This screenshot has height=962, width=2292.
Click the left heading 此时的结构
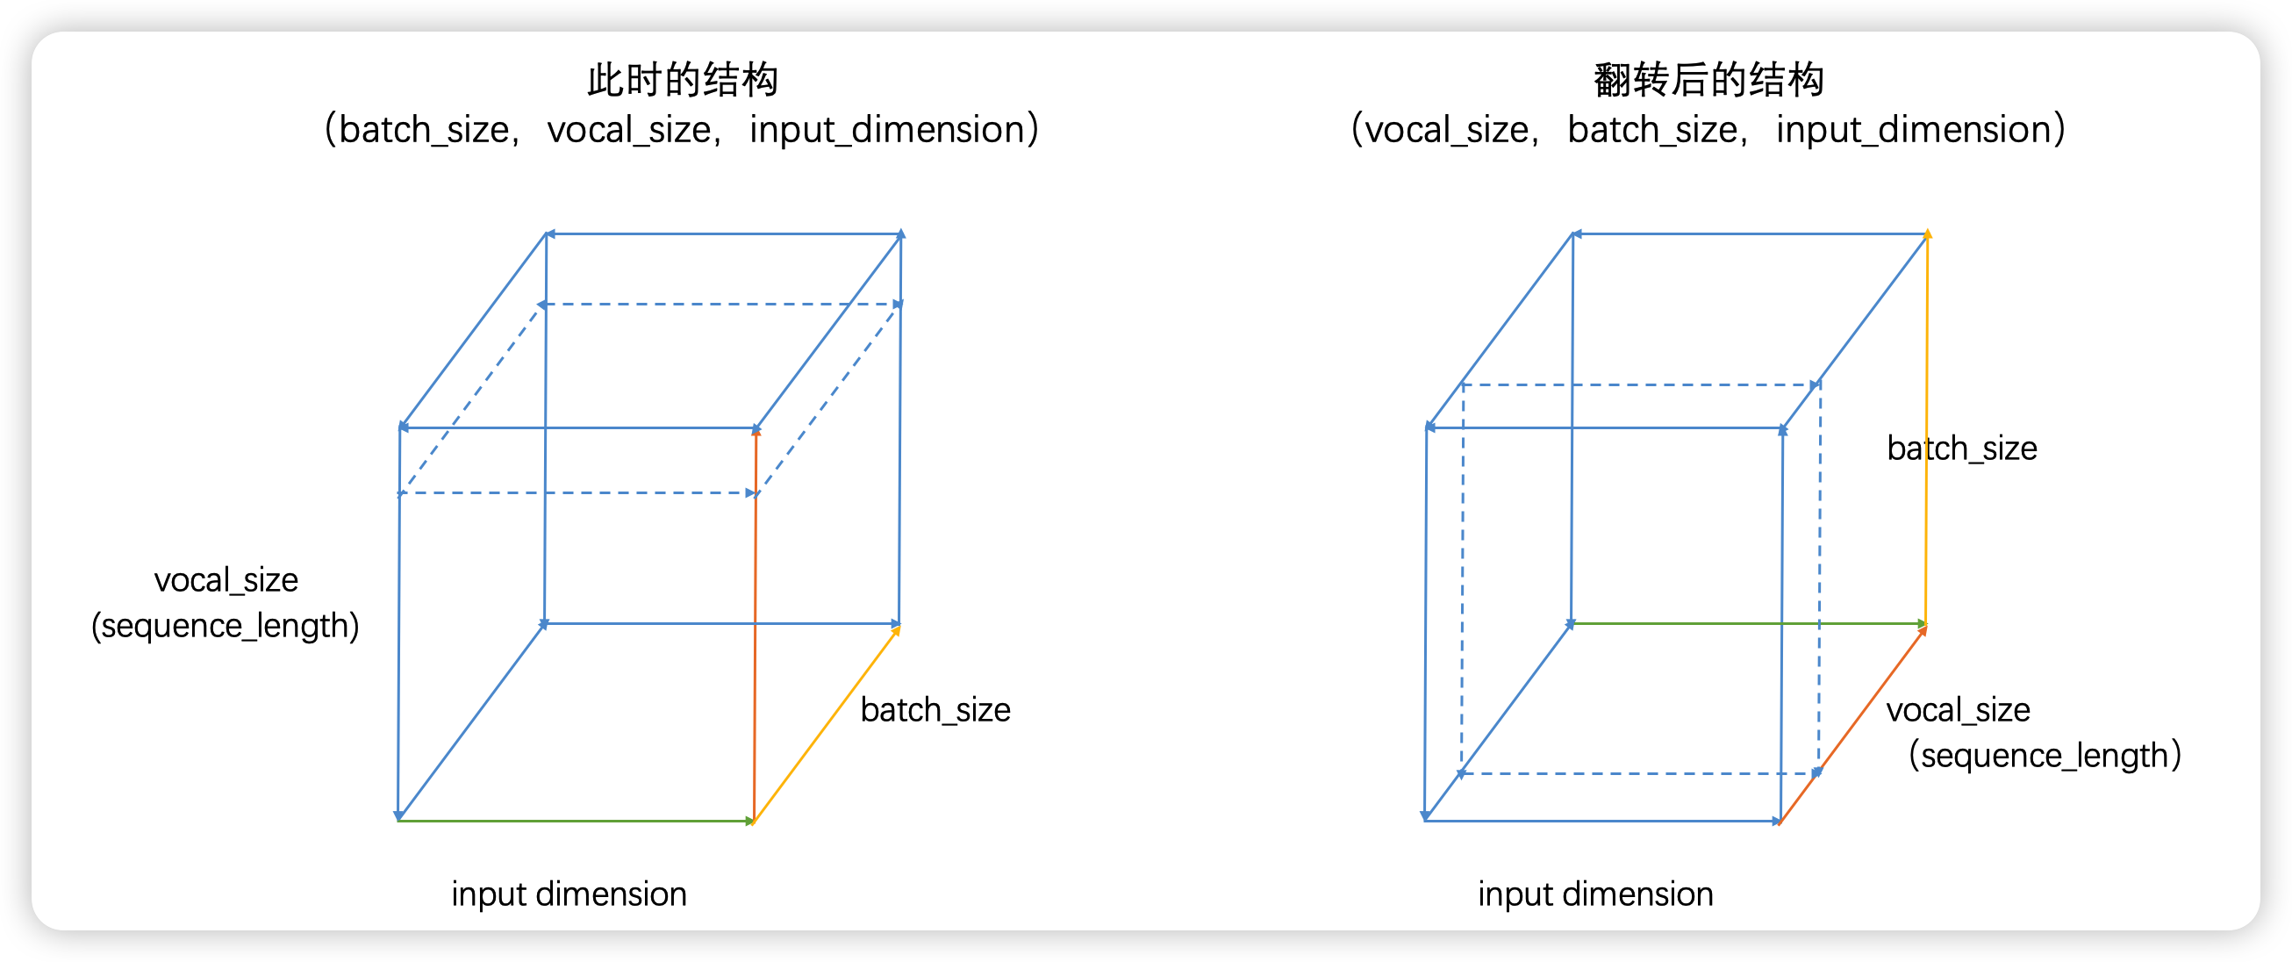coord(683,80)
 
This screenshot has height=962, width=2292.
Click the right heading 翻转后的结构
coord(1708,80)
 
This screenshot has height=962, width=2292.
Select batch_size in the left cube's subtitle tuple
coord(424,130)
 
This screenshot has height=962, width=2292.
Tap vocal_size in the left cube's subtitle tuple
coord(629,130)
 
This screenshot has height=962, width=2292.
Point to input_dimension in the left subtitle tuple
coord(887,130)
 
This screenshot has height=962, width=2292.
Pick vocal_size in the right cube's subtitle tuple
coord(1447,130)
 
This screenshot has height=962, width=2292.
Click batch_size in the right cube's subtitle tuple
coord(1652,130)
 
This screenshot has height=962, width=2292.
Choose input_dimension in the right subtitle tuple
coord(1913,130)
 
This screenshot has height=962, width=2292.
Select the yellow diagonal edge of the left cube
coord(827,724)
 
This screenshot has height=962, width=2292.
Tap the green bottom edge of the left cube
coord(576,821)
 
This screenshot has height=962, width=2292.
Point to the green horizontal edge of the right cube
coord(1748,624)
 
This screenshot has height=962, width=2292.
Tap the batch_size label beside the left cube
coord(935,710)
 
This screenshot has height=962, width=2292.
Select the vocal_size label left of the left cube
coord(226,580)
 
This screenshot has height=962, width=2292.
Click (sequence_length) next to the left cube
coord(226,626)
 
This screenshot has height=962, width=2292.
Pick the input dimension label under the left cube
coord(569,894)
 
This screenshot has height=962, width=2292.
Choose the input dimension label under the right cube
coord(1595,894)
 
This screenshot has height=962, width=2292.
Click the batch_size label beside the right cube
coord(1962,449)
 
